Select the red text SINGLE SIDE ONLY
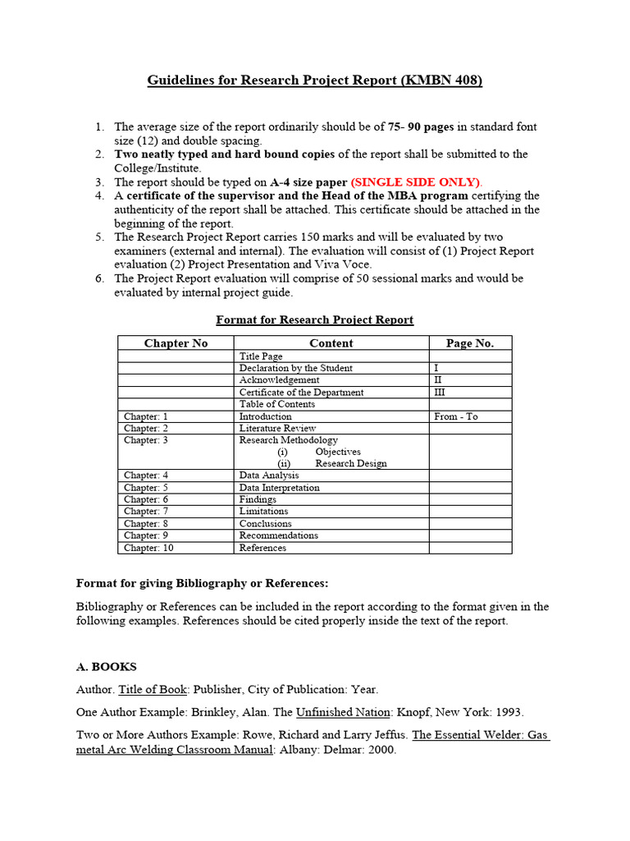(417, 182)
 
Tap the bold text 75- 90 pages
(421, 127)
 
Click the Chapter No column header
(176, 343)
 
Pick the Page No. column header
(470, 343)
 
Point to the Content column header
(331, 343)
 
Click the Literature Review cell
(277, 428)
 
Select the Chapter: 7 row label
(146, 511)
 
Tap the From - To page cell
(456, 416)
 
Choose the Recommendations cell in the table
(279, 535)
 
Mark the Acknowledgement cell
(280, 380)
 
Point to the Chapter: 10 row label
(148, 548)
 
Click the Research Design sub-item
(350, 463)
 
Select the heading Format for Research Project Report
(314, 319)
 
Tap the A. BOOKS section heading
(107, 667)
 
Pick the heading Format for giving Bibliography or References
(202, 583)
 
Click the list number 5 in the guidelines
(99, 237)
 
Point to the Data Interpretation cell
(280, 487)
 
